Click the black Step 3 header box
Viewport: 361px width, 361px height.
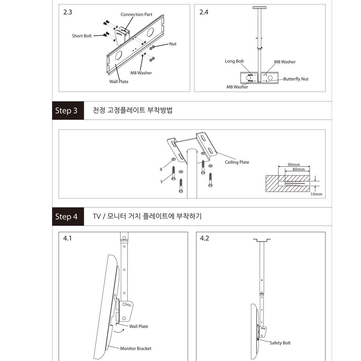[68, 110]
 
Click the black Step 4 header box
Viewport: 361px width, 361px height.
[68, 217]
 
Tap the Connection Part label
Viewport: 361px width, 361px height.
[136, 14]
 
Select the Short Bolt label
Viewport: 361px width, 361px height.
[82, 36]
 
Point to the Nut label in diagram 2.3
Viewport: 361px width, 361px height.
[173, 44]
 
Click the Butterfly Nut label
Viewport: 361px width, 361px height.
[296, 79]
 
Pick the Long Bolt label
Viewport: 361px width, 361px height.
[234, 61]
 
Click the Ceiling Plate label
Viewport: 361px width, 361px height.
[237, 162]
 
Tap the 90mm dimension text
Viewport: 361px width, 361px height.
[294, 165]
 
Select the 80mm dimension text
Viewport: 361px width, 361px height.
[299, 170]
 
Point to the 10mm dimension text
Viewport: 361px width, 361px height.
[316, 194]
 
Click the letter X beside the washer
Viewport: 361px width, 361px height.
[161, 170]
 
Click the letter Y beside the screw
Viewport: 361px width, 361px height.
[162, 182]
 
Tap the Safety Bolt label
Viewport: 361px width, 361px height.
[280, 343]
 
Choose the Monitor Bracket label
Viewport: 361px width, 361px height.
[136, 349]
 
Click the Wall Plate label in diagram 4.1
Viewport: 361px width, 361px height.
[139, 326]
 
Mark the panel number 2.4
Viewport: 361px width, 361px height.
[204, 12]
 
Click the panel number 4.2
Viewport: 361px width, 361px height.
[204, 238]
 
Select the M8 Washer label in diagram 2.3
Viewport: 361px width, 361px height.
[141, 73]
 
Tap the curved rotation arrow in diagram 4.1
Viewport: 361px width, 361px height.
[119, 332]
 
